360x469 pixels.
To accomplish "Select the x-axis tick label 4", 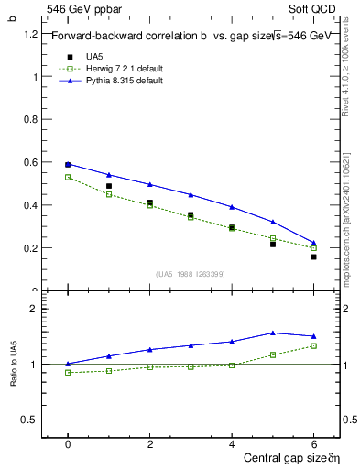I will tap(232, 444).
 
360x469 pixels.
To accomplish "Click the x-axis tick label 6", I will tap(313, 444).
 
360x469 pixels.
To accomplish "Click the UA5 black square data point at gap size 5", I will tap(272, 245).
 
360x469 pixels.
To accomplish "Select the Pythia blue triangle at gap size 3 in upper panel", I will tap(191, 194).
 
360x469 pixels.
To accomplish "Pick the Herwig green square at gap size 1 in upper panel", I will tap(109, 194).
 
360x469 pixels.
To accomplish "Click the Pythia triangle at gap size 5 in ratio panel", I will tap(272, 333).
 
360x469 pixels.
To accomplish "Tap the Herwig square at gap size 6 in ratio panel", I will tap(313, 345).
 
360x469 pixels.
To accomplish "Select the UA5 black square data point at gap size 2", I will tap(149, 202).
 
